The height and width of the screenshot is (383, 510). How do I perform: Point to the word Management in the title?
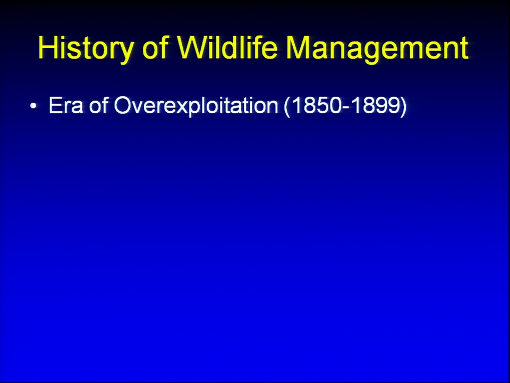(377, 48)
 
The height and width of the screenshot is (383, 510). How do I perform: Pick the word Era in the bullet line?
(66, 105)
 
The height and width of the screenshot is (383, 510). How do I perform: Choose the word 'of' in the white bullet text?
(99, 105)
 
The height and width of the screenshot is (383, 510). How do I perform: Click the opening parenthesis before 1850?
(287, 106)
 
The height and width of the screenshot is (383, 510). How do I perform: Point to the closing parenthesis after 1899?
(404, 106)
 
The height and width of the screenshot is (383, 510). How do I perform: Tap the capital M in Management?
(297, 47)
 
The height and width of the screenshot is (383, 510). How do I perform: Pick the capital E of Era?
(55, 105)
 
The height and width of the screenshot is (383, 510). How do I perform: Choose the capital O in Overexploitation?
(122, 105)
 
